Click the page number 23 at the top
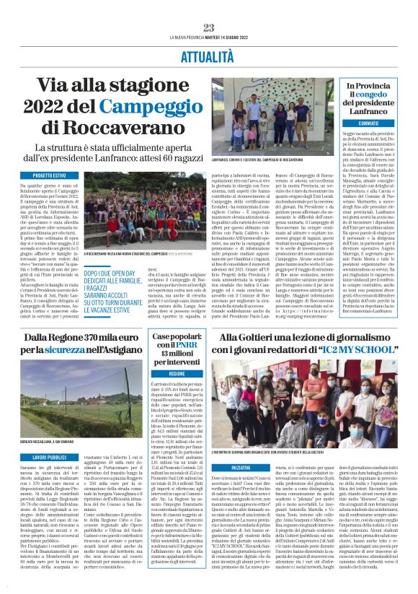coord(209,27)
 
